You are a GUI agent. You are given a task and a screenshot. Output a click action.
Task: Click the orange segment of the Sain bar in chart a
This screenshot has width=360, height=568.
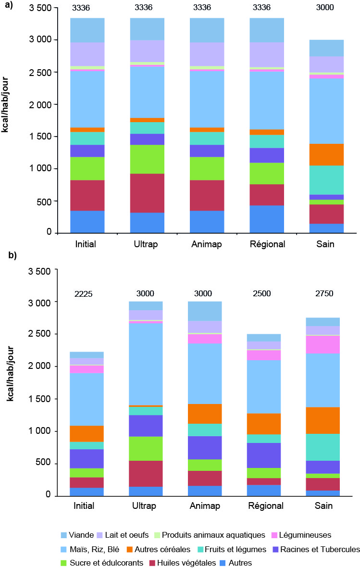pyautogui.click(x=327, y=154)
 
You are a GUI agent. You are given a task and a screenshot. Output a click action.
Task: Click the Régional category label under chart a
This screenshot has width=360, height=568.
pyautogui.click(x=267, y=244)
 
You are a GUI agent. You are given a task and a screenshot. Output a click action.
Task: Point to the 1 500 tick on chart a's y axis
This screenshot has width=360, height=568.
pyautogui.click(x=41, y=137)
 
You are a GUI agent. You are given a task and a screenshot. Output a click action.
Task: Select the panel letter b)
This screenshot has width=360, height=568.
pyautogui.click(x=11, y=256)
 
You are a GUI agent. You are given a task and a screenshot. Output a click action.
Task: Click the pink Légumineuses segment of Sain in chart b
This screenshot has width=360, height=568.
pyautogui.click(x=327, y=344)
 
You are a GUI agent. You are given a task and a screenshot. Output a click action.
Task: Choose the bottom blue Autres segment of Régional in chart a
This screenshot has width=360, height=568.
pyautogui.click(x=267, y=219)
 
